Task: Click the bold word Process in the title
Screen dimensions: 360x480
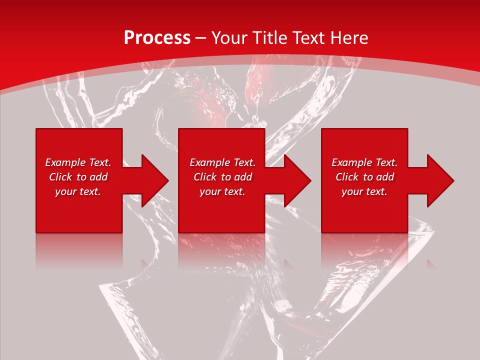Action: (x=157, y=38)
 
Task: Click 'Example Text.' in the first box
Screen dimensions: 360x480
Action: (x=78, y=162)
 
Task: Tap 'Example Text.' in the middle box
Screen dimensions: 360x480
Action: (x=222, y=162)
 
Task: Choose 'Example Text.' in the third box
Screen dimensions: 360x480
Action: (x=364, y=162)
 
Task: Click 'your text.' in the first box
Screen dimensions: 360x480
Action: (x=78, y=191)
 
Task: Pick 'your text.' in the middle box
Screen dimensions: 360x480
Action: (x=222, y=191)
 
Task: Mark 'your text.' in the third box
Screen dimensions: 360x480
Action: (x=364, y=191)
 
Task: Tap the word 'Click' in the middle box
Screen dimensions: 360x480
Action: (x=205, y=177)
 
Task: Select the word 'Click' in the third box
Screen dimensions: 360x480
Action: (x=347, y=177)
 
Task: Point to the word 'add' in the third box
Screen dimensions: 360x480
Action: (x=385, y=177)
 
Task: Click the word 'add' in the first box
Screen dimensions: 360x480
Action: (x=98, y=177)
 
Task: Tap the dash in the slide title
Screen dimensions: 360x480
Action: (x=200, y=38)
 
